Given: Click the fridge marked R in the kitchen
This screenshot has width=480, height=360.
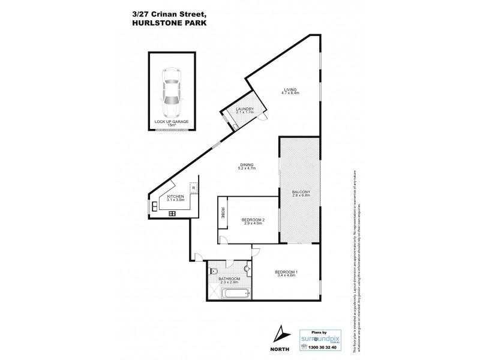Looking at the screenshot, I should pyautogui.click(x=194, y=188).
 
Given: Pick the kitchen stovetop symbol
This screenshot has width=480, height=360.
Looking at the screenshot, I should pyautogui.click(x=172, y=213).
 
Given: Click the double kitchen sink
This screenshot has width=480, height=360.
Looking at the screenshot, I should pyautogui.click(x=154, y=207).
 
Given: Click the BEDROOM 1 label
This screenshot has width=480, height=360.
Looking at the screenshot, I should pyautogui.click(x=286, y=274).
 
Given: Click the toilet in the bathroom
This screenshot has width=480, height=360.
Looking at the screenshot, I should pyautogui.click(x=214, y=271).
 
